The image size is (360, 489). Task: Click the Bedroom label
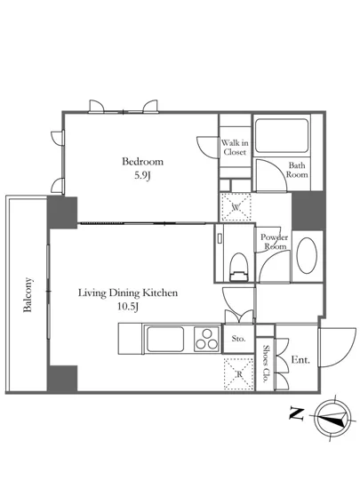pos(142,162)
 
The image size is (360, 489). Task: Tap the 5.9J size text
pos(142,175)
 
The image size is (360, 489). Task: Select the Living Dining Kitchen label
pos(128,293)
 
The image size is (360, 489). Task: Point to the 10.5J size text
pos(128,307)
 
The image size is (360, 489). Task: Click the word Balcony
pos(28,294)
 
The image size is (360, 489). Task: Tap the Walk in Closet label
pos(235,148)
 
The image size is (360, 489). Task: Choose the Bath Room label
pos(297,170)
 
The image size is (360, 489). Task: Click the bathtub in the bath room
pos(282,135)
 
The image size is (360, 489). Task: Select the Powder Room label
pos(274,242)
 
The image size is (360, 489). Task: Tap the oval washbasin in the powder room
pos(307,256)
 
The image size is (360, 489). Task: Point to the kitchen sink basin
pos(165,339)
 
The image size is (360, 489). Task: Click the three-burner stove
pos(206,339)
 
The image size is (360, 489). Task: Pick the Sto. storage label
pos(238,339)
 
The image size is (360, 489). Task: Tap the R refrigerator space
pos(239,374)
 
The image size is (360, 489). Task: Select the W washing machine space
pos(236,207)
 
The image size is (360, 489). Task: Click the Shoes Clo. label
pos(266,364)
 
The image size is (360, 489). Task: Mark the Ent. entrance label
pos(300,360)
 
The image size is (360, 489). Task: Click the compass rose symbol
pos(332,418)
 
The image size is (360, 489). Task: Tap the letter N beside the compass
pos(296,413)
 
